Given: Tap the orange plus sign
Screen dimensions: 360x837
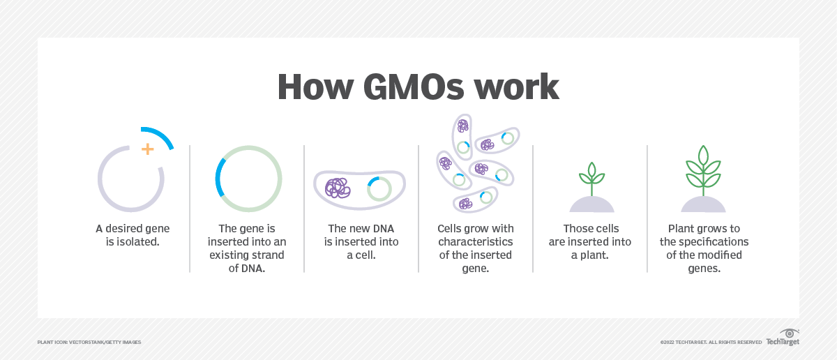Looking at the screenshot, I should click(x=147, y=149).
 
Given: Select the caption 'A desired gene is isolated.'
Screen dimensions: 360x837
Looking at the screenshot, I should click(x=133, y=235).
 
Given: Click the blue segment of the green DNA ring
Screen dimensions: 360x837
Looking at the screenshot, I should click(x=219, y=177).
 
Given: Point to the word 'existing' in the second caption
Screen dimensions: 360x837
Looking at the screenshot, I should click(x=229, y=255).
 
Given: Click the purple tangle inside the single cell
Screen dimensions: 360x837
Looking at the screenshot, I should click(x=338, y=188).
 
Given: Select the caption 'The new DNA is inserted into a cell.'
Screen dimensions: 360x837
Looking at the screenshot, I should click(x=361, y=241).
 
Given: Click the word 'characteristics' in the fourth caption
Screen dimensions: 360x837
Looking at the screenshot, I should click(x=476, y=241).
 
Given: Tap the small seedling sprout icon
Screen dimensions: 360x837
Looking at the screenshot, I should click(x=591, y=177).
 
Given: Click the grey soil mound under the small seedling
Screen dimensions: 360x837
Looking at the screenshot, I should click(x=591, y=204).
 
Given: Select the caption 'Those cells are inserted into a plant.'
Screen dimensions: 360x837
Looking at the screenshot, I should click(x=591, y=241).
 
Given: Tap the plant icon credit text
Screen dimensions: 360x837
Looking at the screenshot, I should click(x=89, y=343).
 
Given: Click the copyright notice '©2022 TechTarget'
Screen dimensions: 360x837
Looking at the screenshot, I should click(x=711, y=343).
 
